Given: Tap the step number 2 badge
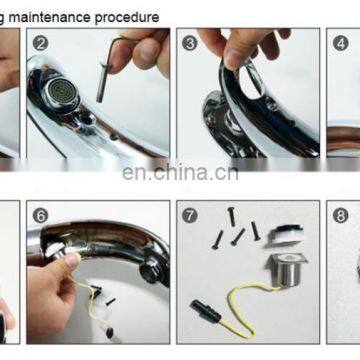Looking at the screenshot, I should click(x=40, y=43).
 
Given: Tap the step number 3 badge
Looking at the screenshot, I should click(x=188, y=43).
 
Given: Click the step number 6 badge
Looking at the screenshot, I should click(x=40, y=214).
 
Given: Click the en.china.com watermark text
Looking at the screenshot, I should click(x=180, y=171).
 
